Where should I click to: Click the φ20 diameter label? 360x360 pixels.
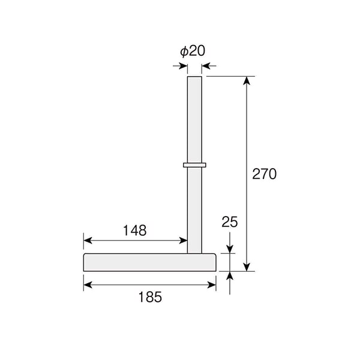coord(193,51)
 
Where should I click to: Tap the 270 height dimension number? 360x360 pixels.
coord(264,174)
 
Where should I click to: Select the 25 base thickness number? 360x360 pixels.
coord(230,222)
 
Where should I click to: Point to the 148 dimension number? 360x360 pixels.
coord(135,230)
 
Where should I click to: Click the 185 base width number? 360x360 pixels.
coord(150,297)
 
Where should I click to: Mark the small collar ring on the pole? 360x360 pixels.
coord(194,165)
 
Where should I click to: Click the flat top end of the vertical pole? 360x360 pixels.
coord(194,77)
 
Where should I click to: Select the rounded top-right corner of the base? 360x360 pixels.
coord(214,255)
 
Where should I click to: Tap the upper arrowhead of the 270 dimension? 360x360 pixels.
coord(247,80)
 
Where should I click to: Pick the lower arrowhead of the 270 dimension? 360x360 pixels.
coord(247,267)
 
